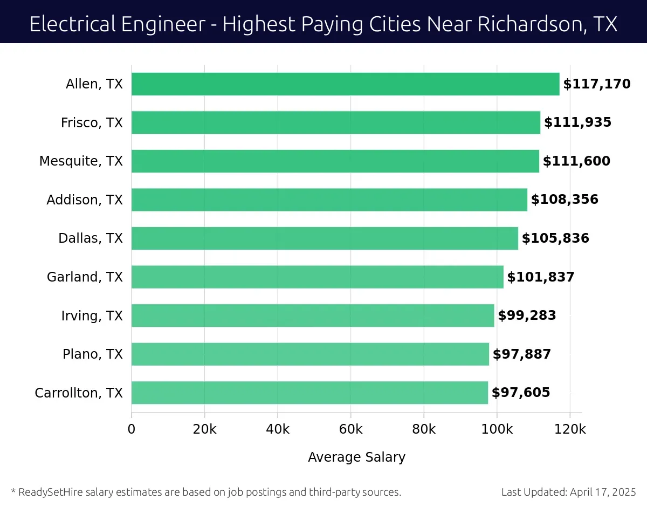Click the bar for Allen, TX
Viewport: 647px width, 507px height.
(x=345, y=84)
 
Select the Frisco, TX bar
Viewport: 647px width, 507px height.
(x=335, y=122)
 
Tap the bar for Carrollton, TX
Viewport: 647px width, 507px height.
(x=309, y=393)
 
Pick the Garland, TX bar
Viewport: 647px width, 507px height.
(x=317, y=277)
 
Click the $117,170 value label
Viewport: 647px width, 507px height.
(x=596, y=84)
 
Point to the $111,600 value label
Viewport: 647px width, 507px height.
(x=576, y=161)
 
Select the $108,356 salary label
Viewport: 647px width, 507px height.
(x=565, y=200)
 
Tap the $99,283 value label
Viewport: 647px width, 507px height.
(x=526, y=316)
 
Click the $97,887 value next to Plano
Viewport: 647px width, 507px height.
(x=521, y=354)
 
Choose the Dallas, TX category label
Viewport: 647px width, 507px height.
(x=91, y=238)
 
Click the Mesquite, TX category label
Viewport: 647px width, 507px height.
(x=81, y=161)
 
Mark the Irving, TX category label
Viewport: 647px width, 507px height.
(x=92, y=316)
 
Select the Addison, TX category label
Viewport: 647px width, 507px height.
(x=85, y=200)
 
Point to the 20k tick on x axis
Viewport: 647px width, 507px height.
(x=204, y=429)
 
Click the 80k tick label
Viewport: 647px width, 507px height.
(x=424, y=429)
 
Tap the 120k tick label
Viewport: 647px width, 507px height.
(x=570, y=429)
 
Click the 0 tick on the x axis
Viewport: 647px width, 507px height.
(x=132, y=429)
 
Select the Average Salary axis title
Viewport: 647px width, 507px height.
(x=356, y=457)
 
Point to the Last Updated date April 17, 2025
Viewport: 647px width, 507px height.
(x=603, y=492)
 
